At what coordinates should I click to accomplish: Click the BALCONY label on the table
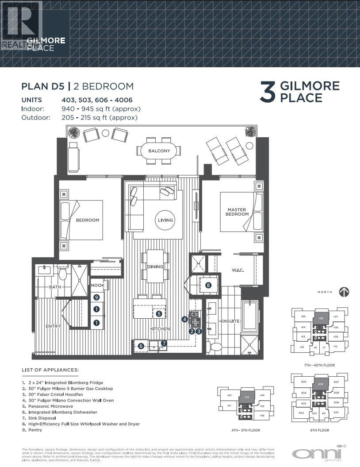[x=159, y=151]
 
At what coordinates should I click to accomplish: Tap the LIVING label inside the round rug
[x=165, y=220]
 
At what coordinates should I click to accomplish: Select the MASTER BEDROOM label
[x=238, y=212]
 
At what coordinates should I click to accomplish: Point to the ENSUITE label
[x=230, y=321]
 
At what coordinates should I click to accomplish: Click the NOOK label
[x=98, y=286]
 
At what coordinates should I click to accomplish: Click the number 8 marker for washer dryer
[x=208, y=286]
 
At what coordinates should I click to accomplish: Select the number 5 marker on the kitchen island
[x=158, y=313]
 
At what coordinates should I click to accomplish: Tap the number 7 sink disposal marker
[x=164, y=343]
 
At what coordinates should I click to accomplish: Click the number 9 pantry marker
[x=96, y=297]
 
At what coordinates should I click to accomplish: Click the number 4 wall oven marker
[x=184, y=319]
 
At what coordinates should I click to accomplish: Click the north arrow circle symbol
[x=344, y=292]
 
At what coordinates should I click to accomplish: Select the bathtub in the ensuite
[x=250, y=316]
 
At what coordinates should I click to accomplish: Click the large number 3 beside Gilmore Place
[x=268, y=92]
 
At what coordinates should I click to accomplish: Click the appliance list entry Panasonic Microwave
[x=47, y=406]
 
